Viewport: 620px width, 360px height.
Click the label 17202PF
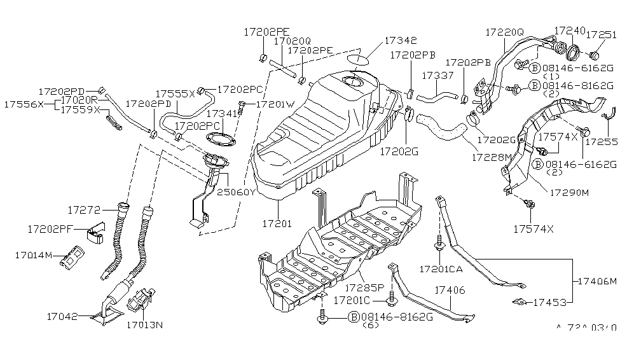coord(53,228)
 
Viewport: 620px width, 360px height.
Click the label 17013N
coord(144,325)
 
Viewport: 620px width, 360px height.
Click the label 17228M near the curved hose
coord(493,155)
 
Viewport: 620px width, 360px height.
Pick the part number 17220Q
coord(505,31)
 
